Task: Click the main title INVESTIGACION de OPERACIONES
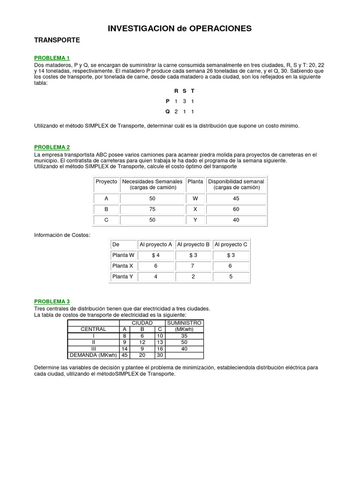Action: click(180, 29)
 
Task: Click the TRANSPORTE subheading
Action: click(57, 40)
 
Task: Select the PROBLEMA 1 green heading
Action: click(52, 58)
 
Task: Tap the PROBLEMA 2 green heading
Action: click(52, 147)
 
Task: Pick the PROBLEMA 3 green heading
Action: click(52, 301)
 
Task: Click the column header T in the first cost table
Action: click(193, 90)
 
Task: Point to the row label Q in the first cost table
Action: click(167, 112)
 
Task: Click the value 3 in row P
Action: click(184, 101)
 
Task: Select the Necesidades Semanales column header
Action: click(152, 184)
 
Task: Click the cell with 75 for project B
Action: click(152, 210)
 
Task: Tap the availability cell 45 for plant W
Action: click(236, 198)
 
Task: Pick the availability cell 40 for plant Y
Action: click(236, 220)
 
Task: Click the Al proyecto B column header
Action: click(193, 244)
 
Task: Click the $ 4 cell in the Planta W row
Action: click(156, 255)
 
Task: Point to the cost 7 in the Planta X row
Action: click(193, 266)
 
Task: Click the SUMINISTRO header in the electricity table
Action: click(184, 323)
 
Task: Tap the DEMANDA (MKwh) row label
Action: click(93, 355)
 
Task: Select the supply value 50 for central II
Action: click(184, 342)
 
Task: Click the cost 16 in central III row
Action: click(160, 349)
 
